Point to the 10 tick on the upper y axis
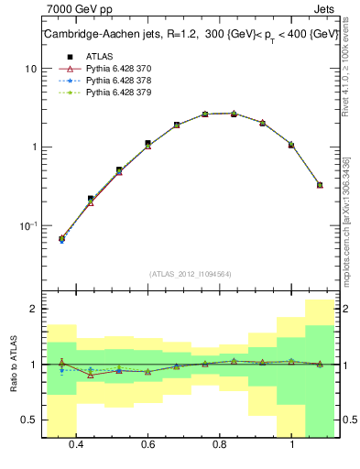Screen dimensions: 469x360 pyautogui.click(x=30, y=69)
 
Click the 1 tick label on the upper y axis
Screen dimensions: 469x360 pyautogui.click(x=33, y=147)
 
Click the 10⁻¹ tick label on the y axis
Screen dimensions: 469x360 pyautogui.click(x=27, y=225)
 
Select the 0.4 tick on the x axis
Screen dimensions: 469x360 pyautogui.click(x=76, y=444)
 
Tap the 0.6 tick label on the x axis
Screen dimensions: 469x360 pyautogui.click(x=147, y=444)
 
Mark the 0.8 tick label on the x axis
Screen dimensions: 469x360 pyautogui.click(x=220, y=444)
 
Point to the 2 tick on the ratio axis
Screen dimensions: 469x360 pyautogui.click(x=33, y=309)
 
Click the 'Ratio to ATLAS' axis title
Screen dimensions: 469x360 pyautogui.click(x=11, y=365)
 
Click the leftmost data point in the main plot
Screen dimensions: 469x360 pyautogui.click(x=61, y=239)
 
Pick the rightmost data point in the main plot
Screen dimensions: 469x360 pyautogui.click(x=320, y=184)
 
